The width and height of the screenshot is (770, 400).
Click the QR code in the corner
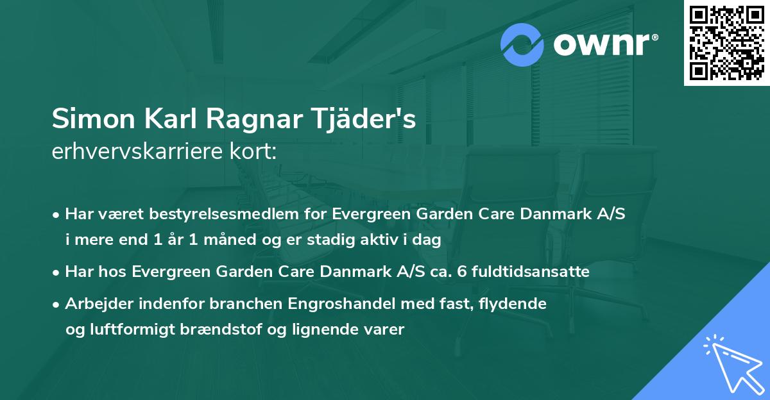[x=726, y=43]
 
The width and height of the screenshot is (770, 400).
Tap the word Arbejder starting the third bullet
[x=94, y=304]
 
